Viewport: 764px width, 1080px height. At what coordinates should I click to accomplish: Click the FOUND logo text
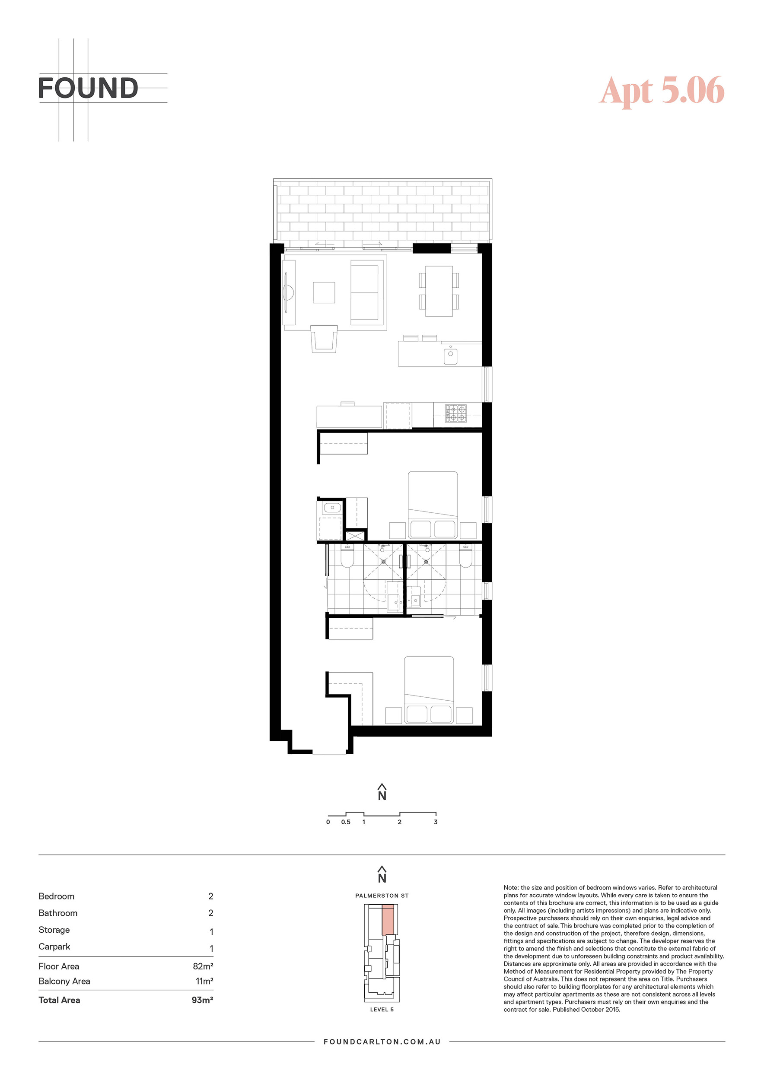point(88,88)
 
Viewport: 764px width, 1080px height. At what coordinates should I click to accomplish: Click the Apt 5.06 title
point(662,90)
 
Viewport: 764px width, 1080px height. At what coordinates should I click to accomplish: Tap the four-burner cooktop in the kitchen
point(456,413)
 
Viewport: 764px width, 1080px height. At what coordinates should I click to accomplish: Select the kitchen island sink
point(450,354)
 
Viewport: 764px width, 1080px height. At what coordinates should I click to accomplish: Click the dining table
point(439,291)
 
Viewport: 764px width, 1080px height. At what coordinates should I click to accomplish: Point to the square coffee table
point(324,292)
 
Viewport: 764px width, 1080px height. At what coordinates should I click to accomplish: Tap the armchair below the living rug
point(324,338)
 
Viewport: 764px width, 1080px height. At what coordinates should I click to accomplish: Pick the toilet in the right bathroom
point(465,556)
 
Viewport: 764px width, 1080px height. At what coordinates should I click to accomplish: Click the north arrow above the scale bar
point(382,792)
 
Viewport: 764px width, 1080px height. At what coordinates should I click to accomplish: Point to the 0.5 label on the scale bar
point(346,822)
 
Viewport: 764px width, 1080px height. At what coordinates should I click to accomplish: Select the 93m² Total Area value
point(202,1000)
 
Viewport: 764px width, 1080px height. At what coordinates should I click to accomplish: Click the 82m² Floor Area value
point(203,966)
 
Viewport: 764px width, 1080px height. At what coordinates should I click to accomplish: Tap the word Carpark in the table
point(54,947)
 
